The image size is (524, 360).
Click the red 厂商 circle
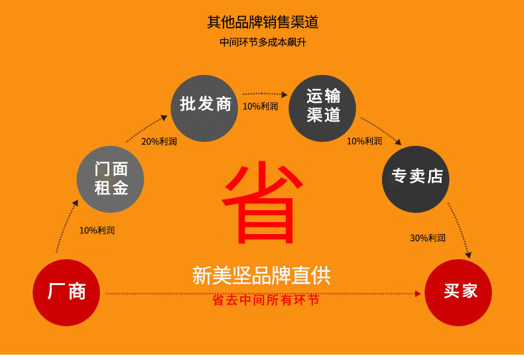pos(66,292)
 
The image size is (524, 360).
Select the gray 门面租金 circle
pos(111,179)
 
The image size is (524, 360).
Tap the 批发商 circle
pos(205,107)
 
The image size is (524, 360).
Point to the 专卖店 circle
pos(416,179)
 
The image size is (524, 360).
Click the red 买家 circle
pos(458,292)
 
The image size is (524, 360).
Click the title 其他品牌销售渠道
pos(263,22)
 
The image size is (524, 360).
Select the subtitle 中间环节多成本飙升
pos(263,42)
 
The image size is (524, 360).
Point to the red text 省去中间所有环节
pos(265,300)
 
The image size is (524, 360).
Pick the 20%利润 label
pos(159,141)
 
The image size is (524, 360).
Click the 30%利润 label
pos(428,238)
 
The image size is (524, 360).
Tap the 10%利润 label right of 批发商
pos(260,106)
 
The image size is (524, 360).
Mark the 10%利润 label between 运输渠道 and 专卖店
pos(364,141)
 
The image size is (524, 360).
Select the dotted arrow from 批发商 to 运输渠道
pos(263,94)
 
